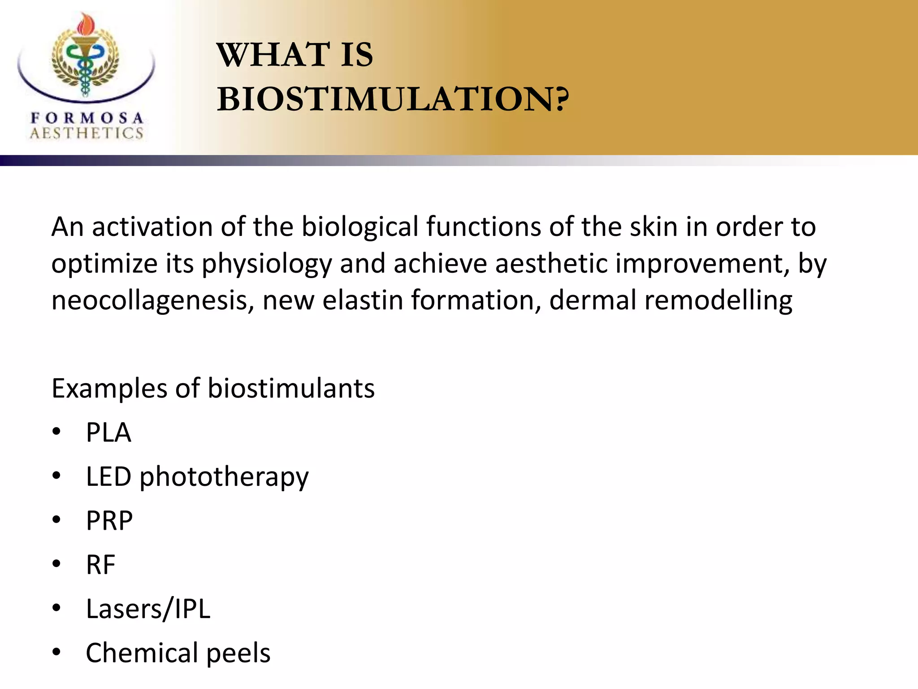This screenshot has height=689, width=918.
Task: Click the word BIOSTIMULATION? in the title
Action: [393, 99]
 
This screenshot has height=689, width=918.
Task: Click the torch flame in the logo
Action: [84, 25]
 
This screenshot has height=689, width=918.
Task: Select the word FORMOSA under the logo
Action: [87, 118]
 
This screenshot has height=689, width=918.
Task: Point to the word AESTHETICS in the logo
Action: [87, 133]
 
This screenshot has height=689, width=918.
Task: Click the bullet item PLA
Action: [108, 433]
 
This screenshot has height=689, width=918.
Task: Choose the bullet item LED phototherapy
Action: [197, 477]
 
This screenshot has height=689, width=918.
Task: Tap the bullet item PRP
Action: [109, 521]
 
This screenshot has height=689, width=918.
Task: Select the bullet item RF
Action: [101, 565]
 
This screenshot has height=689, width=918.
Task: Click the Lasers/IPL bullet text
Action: [148, 609]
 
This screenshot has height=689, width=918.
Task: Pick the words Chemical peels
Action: [178, 653]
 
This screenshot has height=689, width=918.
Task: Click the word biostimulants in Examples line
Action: [291, 388]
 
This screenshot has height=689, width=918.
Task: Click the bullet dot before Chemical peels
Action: [56, 651]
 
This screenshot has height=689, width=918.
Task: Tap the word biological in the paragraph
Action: [360, 227]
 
